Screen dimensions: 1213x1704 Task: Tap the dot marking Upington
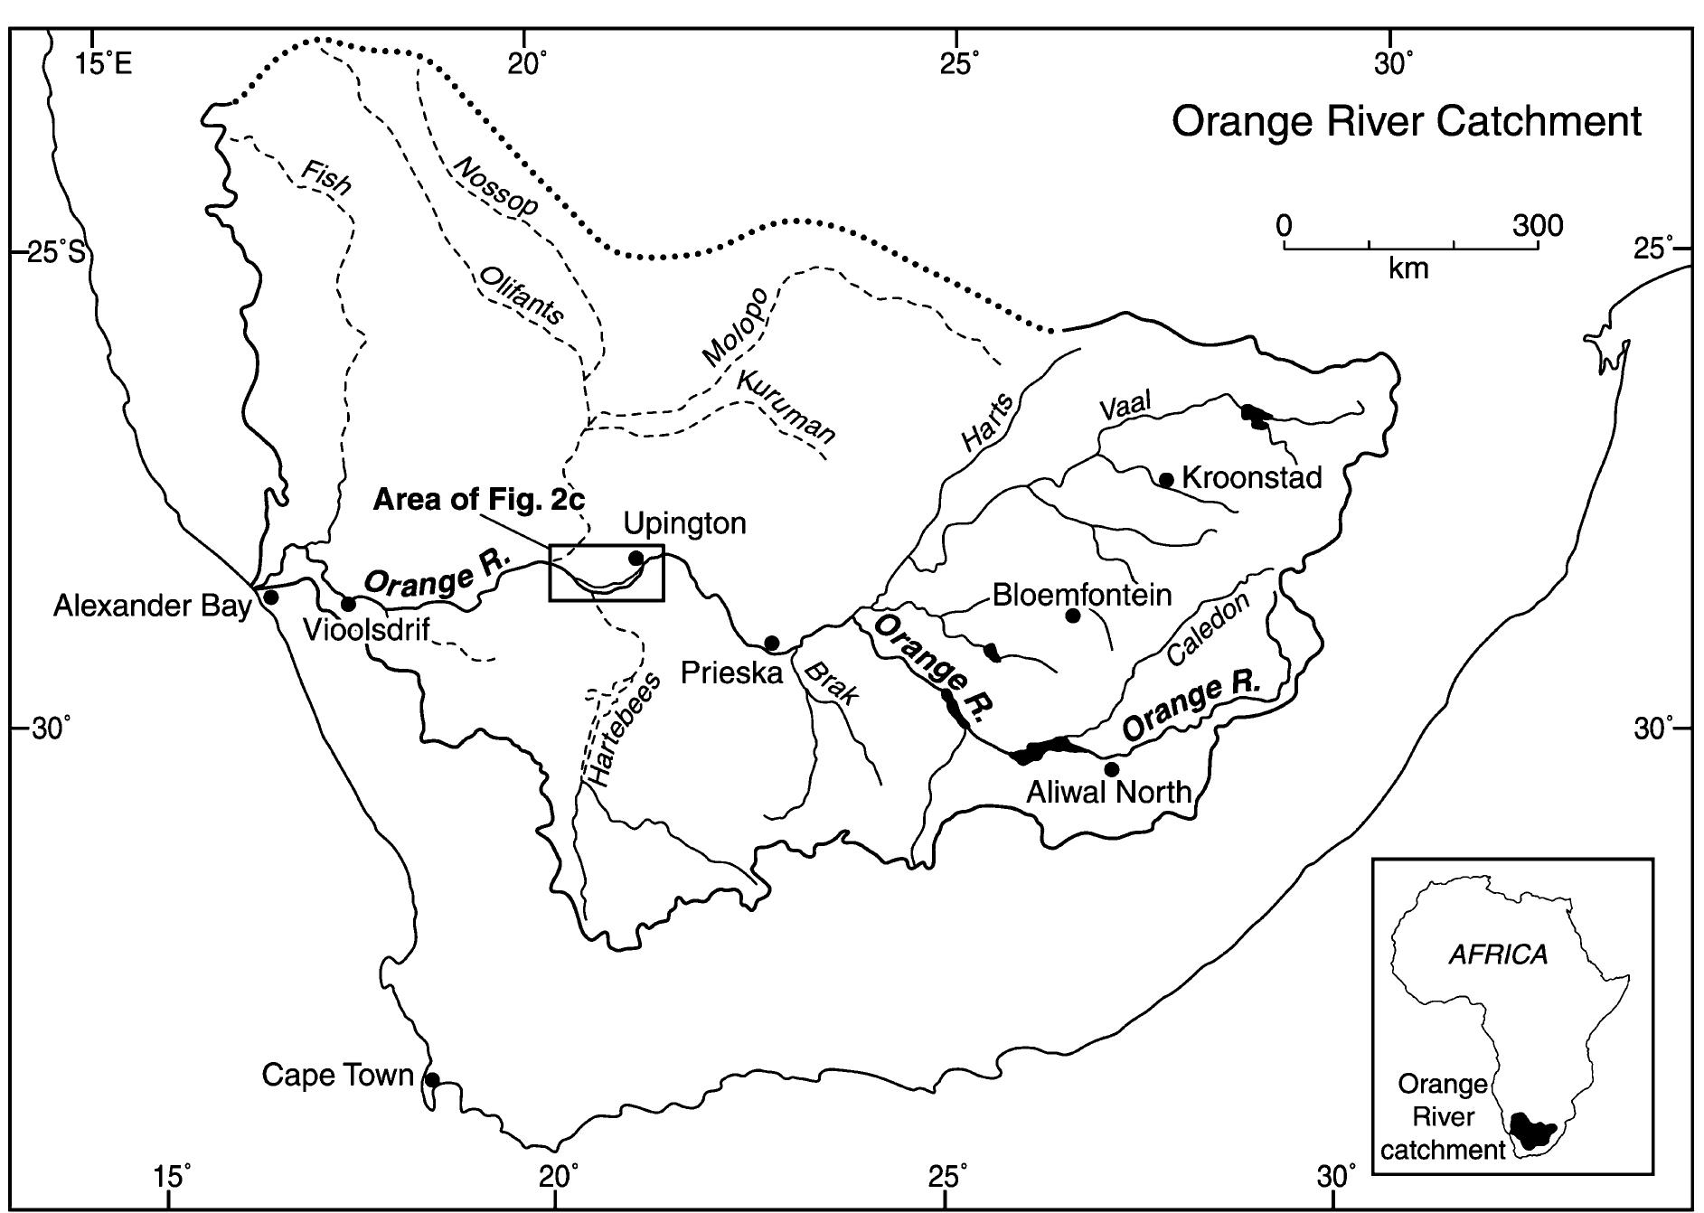[635, 558]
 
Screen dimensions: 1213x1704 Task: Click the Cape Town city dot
[432, 1079]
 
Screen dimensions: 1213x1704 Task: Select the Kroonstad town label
[1251, 477]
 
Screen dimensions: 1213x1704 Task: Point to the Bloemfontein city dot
[1073, 616]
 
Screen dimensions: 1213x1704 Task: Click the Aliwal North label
[1109, 793]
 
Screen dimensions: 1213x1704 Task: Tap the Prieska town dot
[772, 643]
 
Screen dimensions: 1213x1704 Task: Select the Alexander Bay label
[152, 606]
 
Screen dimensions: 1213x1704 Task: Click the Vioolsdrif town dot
[348, 604]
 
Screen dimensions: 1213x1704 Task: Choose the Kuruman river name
[785, 407]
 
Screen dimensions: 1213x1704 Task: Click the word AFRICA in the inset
[1498, 954]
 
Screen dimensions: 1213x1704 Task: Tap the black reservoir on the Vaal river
[1255, 417]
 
